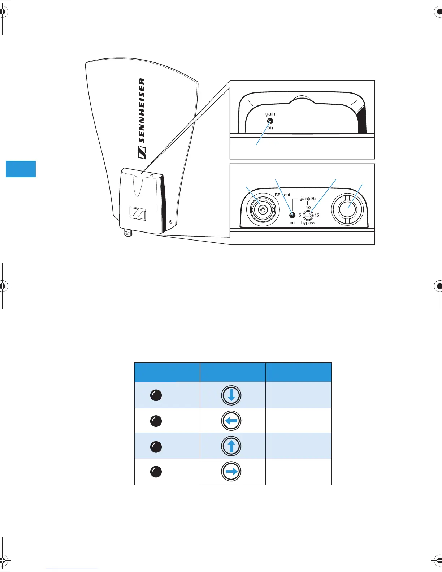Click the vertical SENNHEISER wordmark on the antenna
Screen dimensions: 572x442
point(142,110)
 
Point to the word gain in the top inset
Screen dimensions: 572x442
point(270,114)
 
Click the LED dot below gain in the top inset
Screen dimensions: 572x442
point(270,121)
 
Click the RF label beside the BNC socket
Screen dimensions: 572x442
point(278,195)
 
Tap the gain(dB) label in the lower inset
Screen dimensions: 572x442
point(308,199)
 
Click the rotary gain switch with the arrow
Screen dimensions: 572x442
point(308,216)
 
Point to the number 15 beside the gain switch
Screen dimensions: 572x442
point(317,215)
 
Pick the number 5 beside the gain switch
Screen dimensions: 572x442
point(300,215)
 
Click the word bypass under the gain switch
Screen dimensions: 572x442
point(308,223)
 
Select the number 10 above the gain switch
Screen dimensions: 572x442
point(308,208)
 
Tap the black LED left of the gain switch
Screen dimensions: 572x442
point(292,216)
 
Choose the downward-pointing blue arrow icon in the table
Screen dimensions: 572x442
point(231,395)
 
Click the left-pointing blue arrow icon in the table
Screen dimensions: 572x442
point(231,421)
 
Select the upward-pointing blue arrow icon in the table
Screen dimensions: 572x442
point(231,446)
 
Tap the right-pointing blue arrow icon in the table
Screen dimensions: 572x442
point(231,471)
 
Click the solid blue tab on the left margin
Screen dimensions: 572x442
point(21,169)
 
